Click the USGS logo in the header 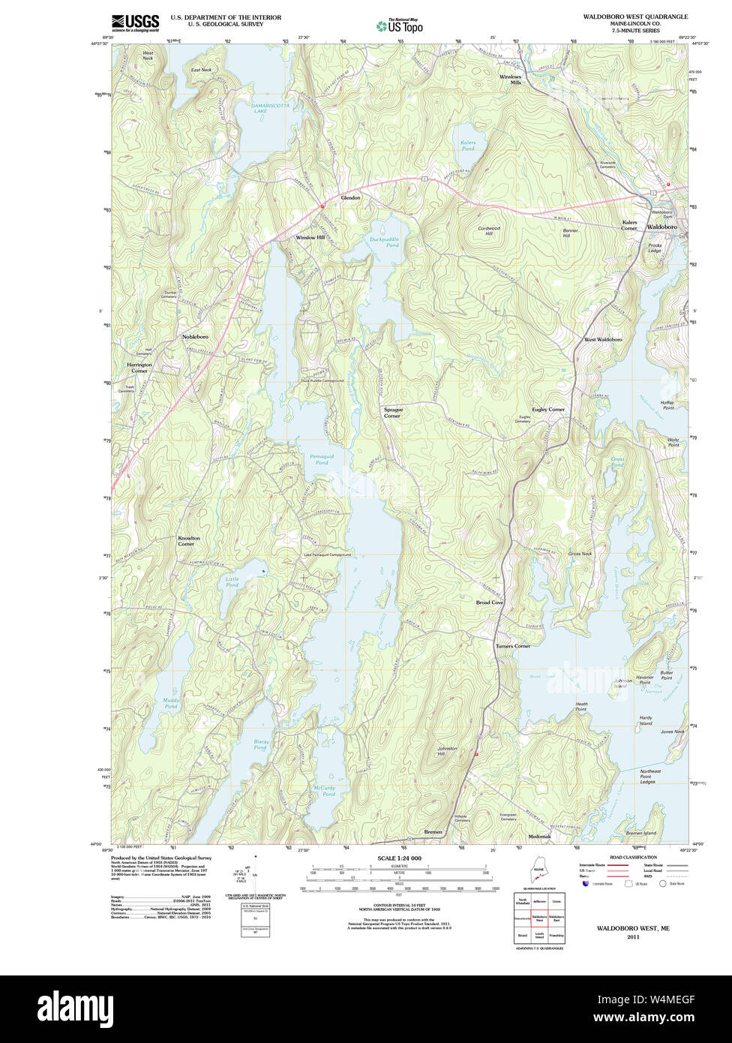pyautogui.click(x=135, y=23)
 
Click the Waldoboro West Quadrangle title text pyautogui.click(x=635, y=17)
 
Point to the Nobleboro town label pyautogui.click(x=195, y=337)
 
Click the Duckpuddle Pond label pyautogui.click(x=384, y=242)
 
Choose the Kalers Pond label pyautogui.click(x=468, y=146)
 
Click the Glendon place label pyautogui.click(x=351, y=197)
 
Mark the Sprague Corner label pyautogui.click(x=393, y=413)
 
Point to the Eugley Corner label pyautogui.click(x=548, y=409)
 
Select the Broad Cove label pyautogui.click(x=490, y=603)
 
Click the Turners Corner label pyautogui.click(x=512, y=646)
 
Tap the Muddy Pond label pyautogui.click(x=171, y=703)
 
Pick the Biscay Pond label pyautogui.click(x=260, y=744)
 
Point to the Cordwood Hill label pyautogui.click(x=489, y=230)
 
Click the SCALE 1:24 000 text pyautogui.click(x=399, y=858)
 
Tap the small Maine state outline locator pyautogui.click(x=538, y=873)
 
